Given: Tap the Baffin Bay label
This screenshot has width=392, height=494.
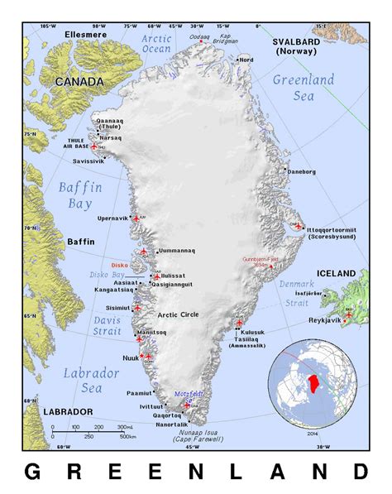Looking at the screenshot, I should pos(80,196).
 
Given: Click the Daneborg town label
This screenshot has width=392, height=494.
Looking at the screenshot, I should pos(301,171).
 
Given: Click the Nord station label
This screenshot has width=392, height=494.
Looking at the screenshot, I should pos(246,60).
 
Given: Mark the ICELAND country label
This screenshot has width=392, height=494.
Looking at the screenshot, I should pos(336,273).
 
